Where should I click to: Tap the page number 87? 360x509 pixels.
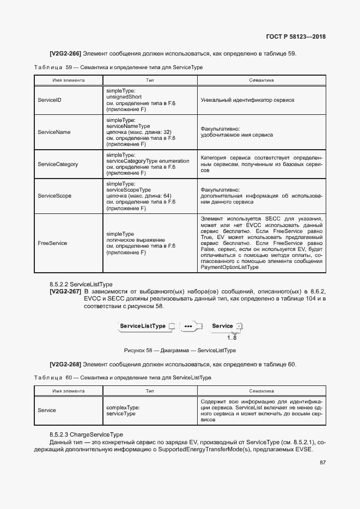(322, 463)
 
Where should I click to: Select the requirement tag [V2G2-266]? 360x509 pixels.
(65, 54)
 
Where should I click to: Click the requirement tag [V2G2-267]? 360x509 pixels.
(65, 292)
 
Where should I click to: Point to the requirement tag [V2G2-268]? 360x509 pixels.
(65, 364)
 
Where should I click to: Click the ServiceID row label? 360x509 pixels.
(50, 101)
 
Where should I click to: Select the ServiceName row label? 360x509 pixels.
(54, 132)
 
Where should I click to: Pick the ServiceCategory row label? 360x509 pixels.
(58, 164)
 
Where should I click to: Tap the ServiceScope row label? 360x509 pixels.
(54, 195)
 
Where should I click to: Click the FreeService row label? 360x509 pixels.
(52, 243)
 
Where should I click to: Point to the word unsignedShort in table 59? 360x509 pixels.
(125, 96)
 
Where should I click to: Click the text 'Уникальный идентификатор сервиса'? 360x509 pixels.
(247, 101)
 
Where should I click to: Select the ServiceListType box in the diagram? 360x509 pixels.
(143, 326)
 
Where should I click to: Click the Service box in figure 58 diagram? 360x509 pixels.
(223, 326)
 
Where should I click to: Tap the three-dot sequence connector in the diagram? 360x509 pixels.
(189, 327)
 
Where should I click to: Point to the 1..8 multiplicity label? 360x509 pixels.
(224, 338)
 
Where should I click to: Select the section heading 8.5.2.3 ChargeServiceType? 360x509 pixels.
(86, 434)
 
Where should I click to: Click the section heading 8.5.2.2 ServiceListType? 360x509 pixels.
(81, 284)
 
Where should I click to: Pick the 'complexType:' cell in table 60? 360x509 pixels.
(123, 407)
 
